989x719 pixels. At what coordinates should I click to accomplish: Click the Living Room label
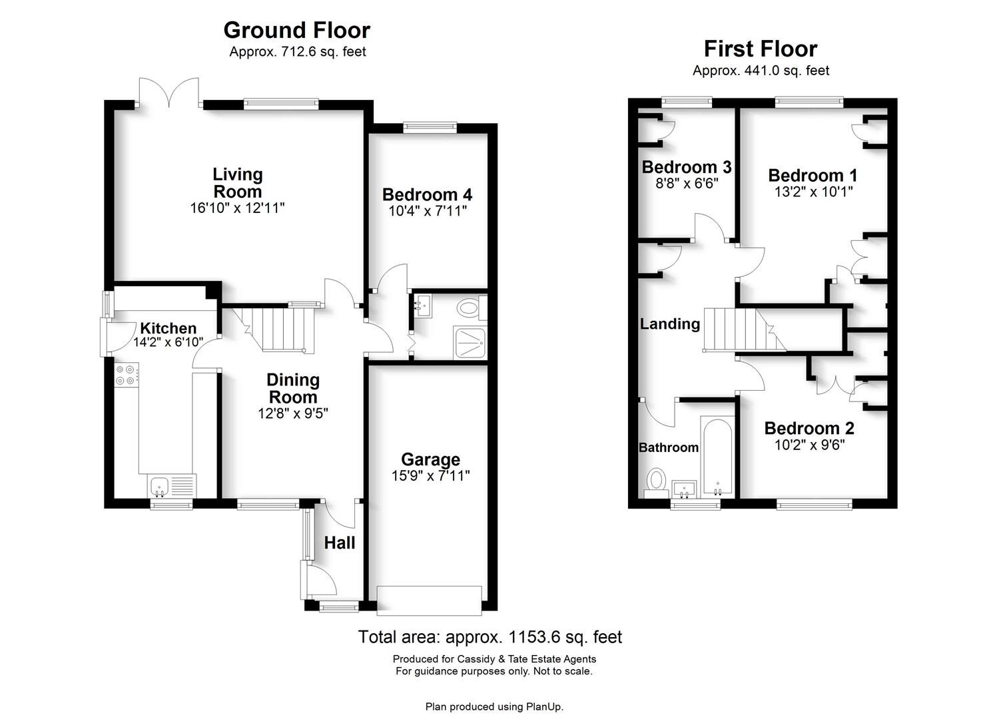point(238,183)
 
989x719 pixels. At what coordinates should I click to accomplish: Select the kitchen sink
point(161,486)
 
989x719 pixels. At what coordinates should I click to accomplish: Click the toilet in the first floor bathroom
point(657,481)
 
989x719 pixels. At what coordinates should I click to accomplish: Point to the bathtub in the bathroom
point(717,456)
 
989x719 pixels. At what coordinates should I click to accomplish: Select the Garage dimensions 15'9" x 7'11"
point(431,476)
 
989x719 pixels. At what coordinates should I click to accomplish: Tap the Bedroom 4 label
point(427,195)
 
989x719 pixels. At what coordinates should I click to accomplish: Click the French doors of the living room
point(169,93)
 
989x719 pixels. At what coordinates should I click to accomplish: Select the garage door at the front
point(430,600)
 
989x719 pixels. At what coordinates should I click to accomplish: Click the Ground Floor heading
point(296,31)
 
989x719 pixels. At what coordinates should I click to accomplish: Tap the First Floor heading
point(760,49)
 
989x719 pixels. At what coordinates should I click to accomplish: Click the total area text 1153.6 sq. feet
point(490,637)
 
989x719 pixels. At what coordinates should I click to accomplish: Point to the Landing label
point(669,324)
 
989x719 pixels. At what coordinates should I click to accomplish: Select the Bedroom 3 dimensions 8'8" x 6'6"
point(687,183)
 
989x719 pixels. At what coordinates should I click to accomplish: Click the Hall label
point(340,543)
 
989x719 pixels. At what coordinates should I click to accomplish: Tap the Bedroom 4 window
point(430,127)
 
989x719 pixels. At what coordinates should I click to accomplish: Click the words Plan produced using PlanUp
point(494,706)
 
